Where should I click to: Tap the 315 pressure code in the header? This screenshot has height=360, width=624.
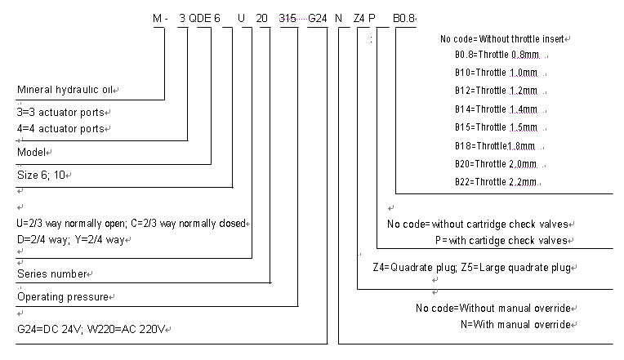pyautogui.click(x=287, y=18)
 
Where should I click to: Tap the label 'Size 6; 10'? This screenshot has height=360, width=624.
pyautogui.click(x=42, y=174)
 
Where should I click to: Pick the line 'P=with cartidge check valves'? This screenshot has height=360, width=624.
pyautogui.click(x=501, y=240)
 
